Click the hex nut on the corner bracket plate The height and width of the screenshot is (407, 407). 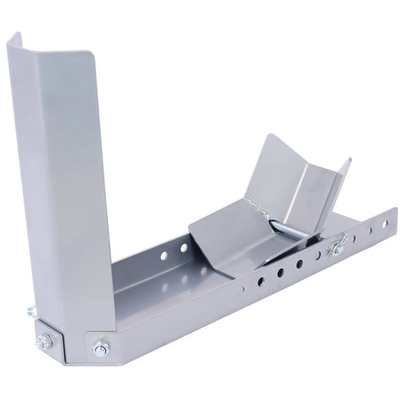tap(44, 341)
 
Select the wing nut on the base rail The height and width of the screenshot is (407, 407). tap(337, 250)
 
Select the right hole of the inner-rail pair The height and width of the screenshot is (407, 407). tap(183, 248)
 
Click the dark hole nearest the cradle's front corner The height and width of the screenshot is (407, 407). tap(260, 282)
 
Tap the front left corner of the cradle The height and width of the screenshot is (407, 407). tap(188, 231)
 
